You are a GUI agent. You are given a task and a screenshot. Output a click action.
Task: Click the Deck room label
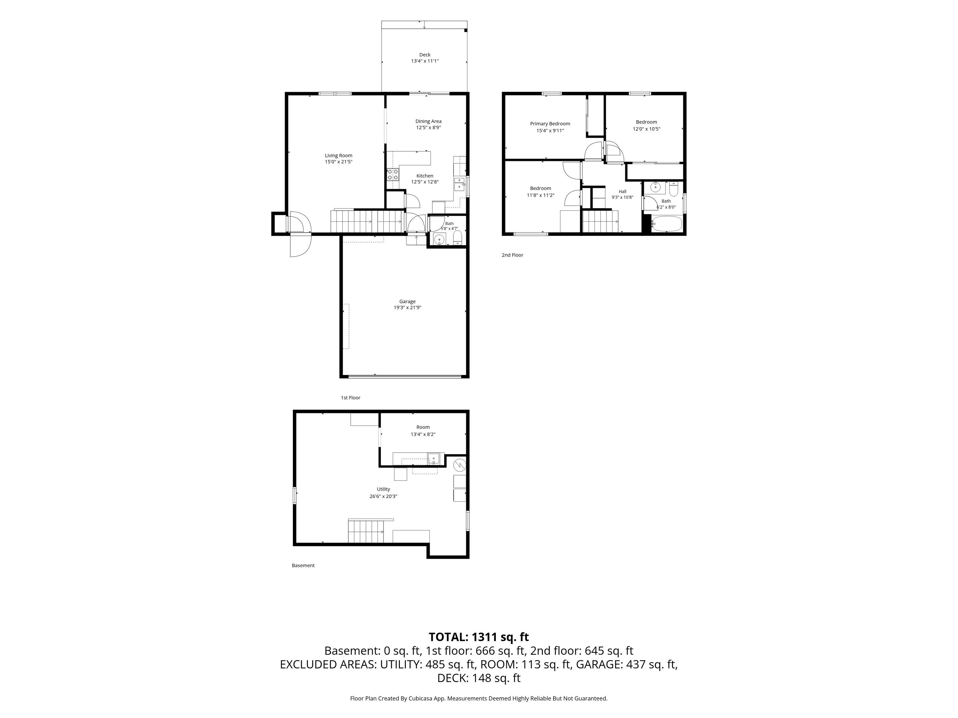tap(425, 55)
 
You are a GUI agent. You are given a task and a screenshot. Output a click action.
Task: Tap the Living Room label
tap(339, 156)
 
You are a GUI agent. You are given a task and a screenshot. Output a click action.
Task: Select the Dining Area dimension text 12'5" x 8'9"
tap(428, 128)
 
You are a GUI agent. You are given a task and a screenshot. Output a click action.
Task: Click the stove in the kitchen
tap(393, 175)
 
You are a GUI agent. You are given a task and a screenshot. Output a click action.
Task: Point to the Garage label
tap(407, 302)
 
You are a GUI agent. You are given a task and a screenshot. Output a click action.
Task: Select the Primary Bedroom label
tap(550, 124)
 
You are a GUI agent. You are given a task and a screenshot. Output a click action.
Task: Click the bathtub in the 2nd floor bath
tap(667, 225)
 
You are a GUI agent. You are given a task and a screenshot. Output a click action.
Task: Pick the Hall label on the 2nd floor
tap(622, 191)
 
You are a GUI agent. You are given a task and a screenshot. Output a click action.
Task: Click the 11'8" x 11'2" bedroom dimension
tap(541, 195)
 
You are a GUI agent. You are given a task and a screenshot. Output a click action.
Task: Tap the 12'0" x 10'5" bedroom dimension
tap(646, 129)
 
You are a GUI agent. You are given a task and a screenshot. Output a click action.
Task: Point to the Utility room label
tap(383, 490)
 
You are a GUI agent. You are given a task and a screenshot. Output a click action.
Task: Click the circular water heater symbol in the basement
tap(460, 466)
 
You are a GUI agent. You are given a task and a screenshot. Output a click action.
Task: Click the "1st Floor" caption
tap(350, 398)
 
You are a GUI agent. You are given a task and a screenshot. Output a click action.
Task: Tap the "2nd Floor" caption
tap(512, 255)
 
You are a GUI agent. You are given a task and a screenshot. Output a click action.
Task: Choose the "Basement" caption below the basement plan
tap(303, 566)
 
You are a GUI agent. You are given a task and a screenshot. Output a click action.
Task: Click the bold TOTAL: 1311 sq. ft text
tap(479, 637)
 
